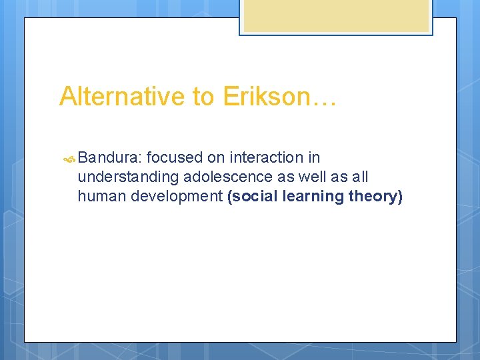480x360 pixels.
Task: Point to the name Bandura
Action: (109, 158)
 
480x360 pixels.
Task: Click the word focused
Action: (175, 158)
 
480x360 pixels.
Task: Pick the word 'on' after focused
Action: (216, 158)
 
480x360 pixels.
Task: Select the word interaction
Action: (267, 158)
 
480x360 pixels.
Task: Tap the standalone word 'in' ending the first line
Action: (314, 158)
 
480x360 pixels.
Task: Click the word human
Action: (99, 197)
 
